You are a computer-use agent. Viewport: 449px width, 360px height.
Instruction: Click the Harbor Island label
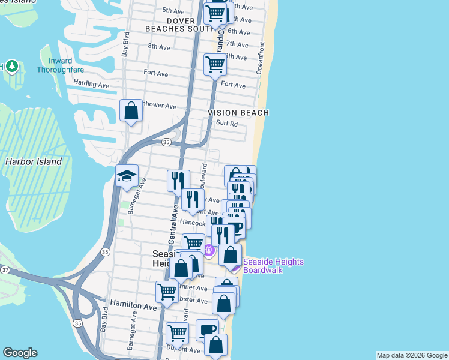[x=33, y=161]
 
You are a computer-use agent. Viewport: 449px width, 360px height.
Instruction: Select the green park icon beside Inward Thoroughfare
[x=11, y=66]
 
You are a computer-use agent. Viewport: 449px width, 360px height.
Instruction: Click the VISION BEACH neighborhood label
[x=238, y=113]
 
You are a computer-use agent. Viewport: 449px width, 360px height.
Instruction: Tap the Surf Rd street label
[x=227, y=124]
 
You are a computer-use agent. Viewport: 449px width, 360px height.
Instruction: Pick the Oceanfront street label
[x=261, y=58]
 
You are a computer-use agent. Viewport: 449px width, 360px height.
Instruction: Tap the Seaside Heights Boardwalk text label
[x=273, y=266]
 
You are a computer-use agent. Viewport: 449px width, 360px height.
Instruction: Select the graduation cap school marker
[x=127, y=176]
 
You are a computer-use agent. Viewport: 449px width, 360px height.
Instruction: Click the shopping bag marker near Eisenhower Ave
[x=131, y=111]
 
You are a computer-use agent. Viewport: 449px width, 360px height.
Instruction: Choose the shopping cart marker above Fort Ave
[x=215, y=64]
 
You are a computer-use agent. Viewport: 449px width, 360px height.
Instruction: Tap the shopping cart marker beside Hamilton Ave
[x=167, y=292]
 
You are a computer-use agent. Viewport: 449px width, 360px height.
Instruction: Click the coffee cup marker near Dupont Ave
[x=207, y=329]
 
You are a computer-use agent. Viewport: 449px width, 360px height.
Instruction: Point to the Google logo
[x=20, y=353]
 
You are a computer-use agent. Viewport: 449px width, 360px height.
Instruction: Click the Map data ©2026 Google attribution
[x=412, y=355]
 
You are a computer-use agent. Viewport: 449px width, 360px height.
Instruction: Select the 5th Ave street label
[x=173, y=11]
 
